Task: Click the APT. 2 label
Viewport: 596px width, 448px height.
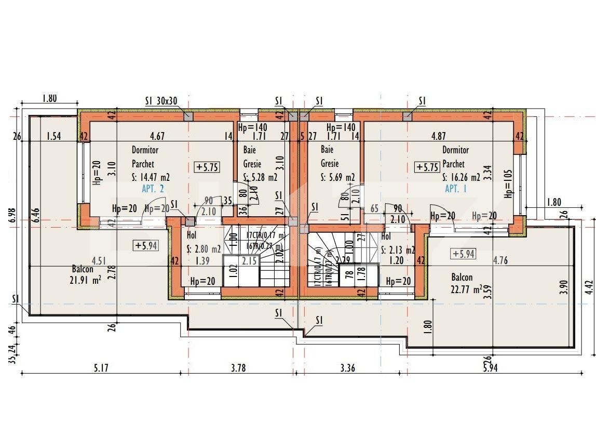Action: point(153,189)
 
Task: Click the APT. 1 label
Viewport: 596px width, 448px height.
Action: point(455,189)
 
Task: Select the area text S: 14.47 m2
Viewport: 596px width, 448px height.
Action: point(151,177)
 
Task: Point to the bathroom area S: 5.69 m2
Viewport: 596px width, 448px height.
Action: point(338,177)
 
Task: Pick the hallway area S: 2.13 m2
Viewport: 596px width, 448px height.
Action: point(398,250)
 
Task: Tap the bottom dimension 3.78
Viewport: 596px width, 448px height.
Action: point(238,368)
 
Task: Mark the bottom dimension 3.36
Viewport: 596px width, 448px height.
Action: point(347,368)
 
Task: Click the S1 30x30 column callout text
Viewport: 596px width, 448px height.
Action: point(161,101)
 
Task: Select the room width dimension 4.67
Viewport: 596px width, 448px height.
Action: point(157,137)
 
